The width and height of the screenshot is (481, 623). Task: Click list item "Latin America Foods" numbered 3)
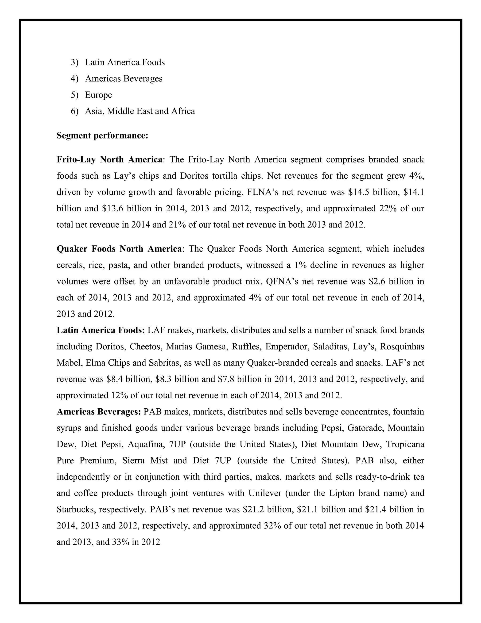coord(124,63)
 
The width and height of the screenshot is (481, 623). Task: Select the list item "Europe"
coord(98,95)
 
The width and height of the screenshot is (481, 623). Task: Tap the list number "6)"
coord(74,111)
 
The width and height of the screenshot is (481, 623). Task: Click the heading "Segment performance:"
coord(102,135)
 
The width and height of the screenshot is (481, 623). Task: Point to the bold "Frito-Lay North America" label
coord(109,159)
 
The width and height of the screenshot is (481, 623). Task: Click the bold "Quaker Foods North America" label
coord(119,249)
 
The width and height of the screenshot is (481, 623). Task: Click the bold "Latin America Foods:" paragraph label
coord(101,330)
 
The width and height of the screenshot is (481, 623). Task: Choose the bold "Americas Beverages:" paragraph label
coord(99,412)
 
